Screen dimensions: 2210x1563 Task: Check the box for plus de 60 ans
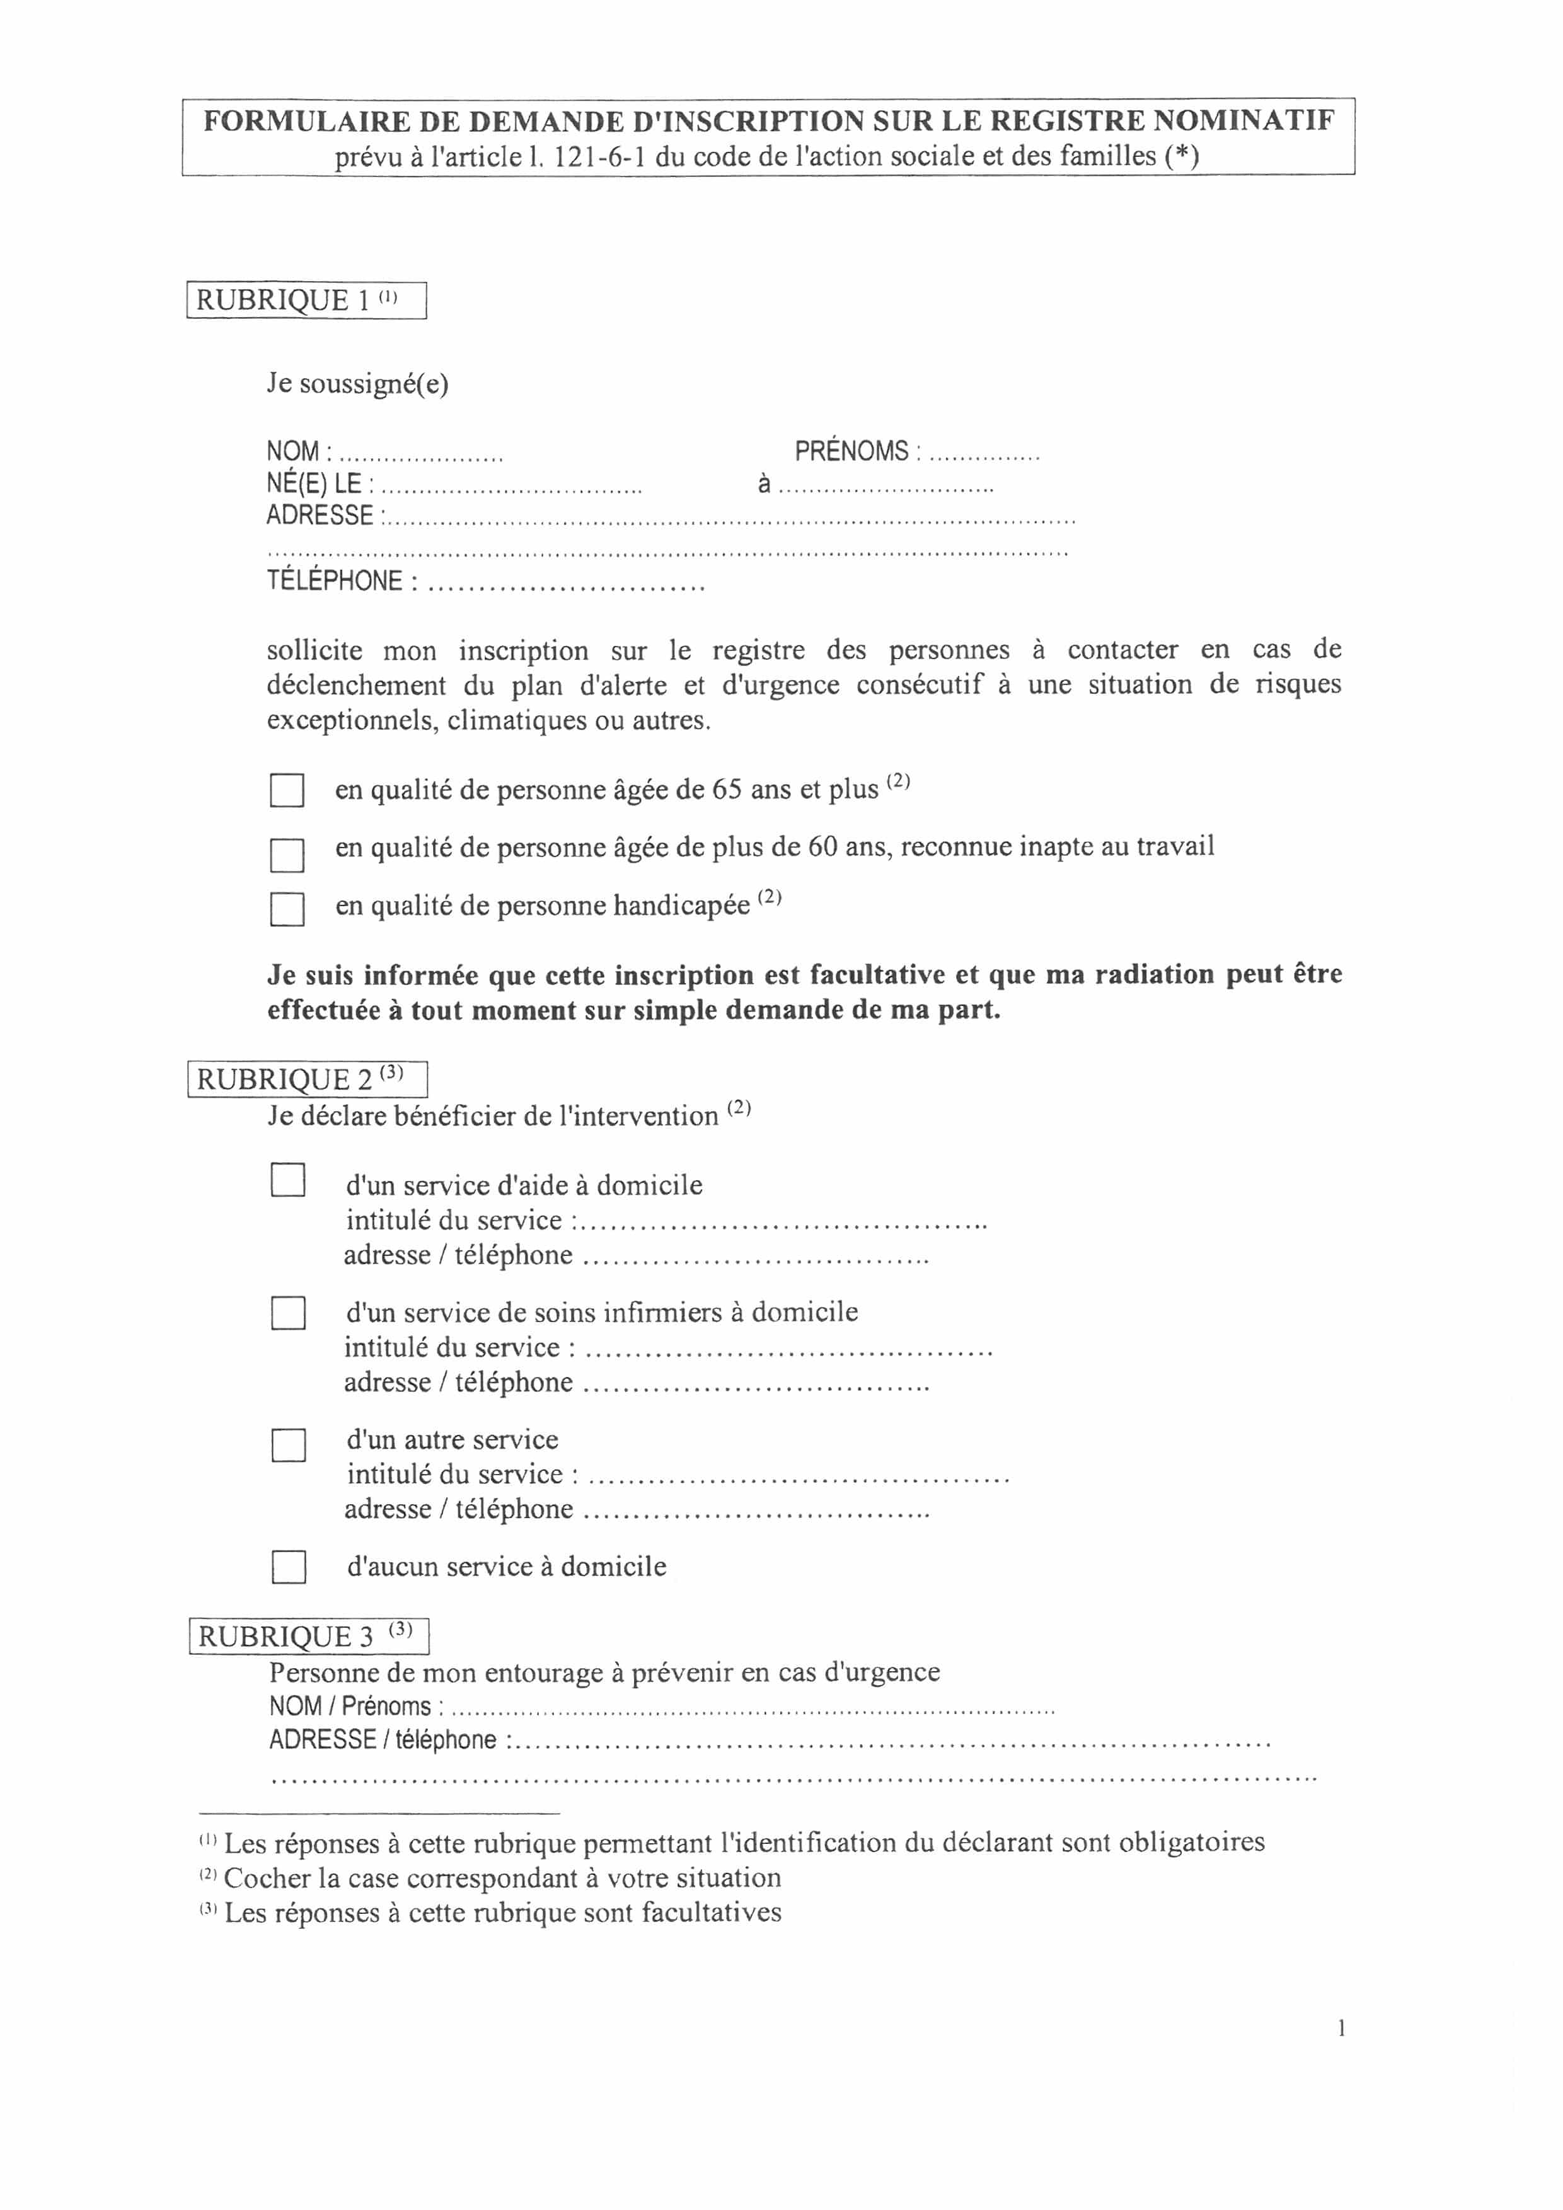click(x=287, y=854)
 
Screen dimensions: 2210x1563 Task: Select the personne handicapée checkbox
click(x=287, y=909)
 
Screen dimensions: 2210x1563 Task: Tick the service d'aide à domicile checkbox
click(x=288, y=1180)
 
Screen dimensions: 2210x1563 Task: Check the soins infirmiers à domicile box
click(x=288, y=1313)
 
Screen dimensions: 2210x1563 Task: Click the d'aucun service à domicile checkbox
click(x=288, y=1567)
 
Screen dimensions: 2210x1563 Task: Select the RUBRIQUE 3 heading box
click(x=308, y=1637)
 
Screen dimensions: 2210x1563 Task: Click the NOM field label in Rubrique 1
click(x=294, y=451)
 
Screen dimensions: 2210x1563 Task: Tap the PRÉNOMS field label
click(x=851, y=451)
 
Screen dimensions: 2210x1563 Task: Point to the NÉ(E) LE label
click(x=314, y=484)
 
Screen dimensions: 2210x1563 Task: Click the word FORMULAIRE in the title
click(x=306, y=121)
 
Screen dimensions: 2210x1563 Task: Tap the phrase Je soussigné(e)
click(x=357, y=384)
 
